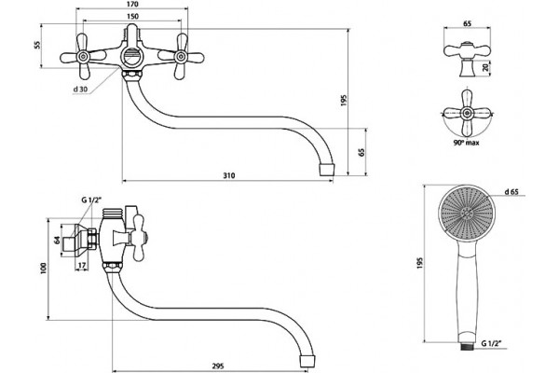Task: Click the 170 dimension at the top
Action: pos(132,5)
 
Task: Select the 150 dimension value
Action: pos(132,17)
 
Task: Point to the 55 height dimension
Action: pos(37,45)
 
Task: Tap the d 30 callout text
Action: pos(80,90)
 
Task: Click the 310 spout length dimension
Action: pos(229,175)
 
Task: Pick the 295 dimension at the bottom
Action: pos(218,366)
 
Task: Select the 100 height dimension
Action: pos(44,269)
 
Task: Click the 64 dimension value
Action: pos(57,240)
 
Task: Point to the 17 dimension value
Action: pos(82,265)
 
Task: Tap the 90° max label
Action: pos(467,143)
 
